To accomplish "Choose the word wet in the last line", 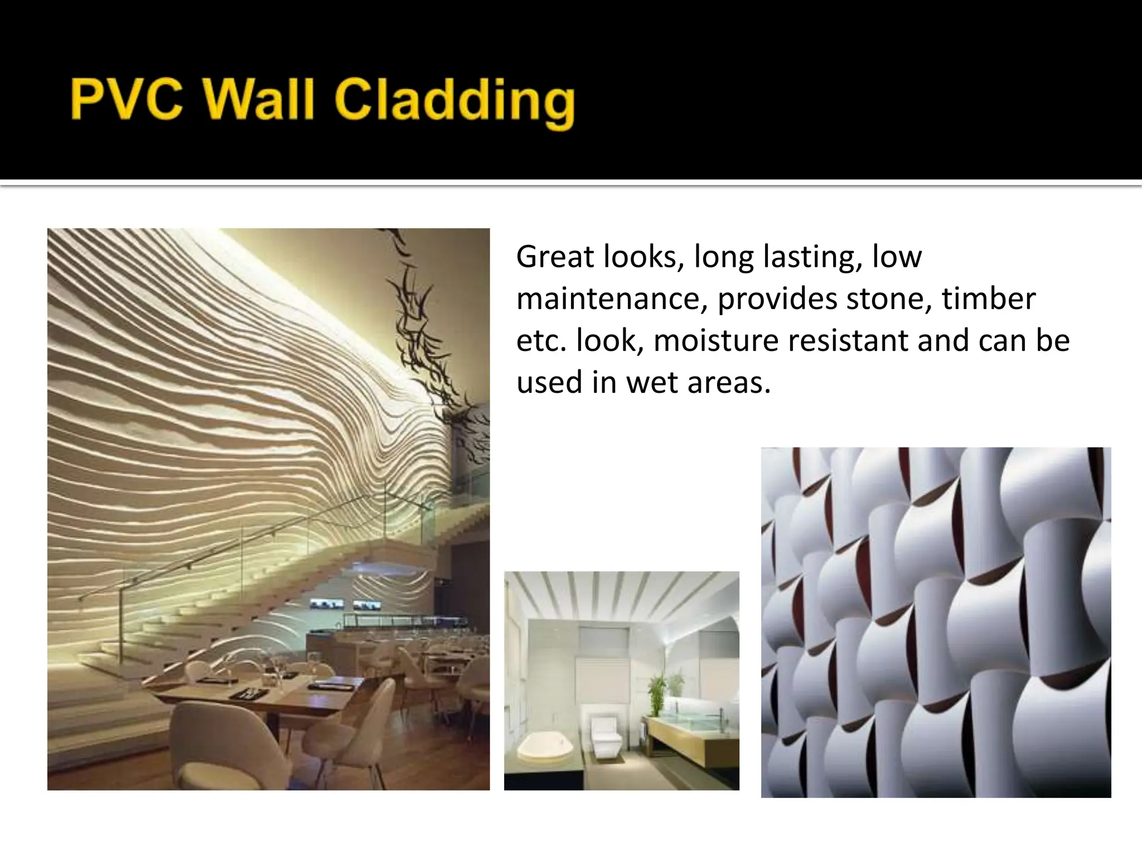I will [x=649, y=382].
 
